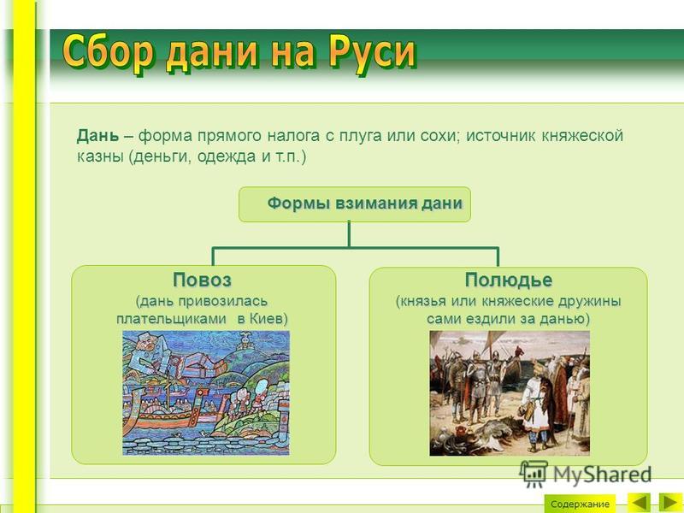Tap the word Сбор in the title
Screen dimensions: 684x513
(x=108, y=53)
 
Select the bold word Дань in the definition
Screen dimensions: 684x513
(x=97, y=136)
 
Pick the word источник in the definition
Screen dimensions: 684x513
(x=501, y=136)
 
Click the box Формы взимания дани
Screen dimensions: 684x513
(x=355, y=204)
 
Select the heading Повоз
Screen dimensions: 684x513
(x=202, y=280)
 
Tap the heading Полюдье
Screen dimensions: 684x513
(x=508, y=280)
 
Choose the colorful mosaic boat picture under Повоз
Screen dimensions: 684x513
(x=206, y=392)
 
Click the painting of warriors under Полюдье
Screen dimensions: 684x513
(x=510, y=393)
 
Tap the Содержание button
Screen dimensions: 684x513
(x=580, y=504)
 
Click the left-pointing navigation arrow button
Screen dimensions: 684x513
(x=639, y=503)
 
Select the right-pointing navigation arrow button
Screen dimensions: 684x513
(x=670, y=503)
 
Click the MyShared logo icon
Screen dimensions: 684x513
(x=534, y=475)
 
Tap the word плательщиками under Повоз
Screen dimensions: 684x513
(x=172, y=319)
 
